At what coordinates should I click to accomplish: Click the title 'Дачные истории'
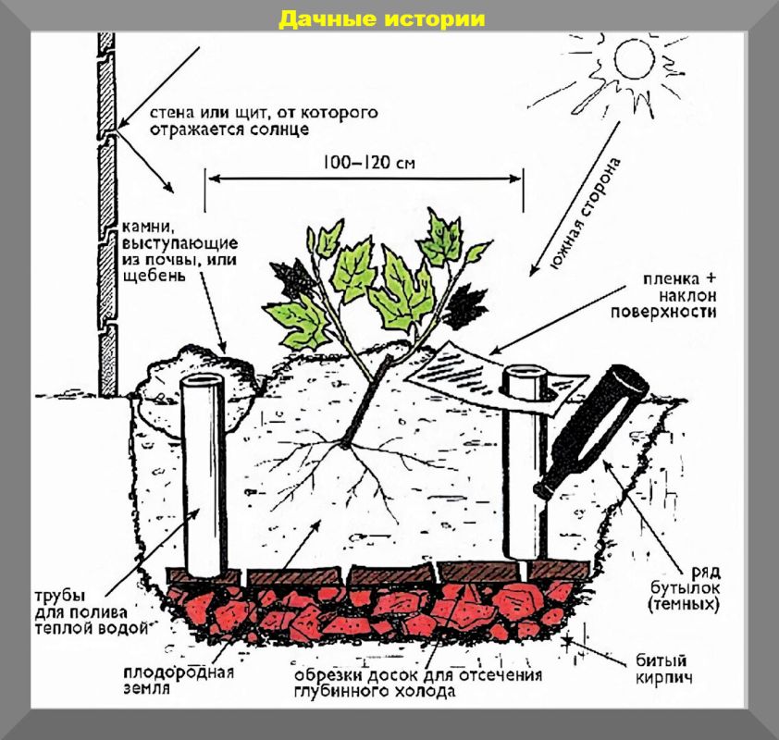[x=382, y=19]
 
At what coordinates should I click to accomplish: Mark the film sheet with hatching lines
[x=464, y=366]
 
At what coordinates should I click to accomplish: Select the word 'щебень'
[x=149, y=277]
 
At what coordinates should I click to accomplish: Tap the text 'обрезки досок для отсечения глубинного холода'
[x=418, y=683]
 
